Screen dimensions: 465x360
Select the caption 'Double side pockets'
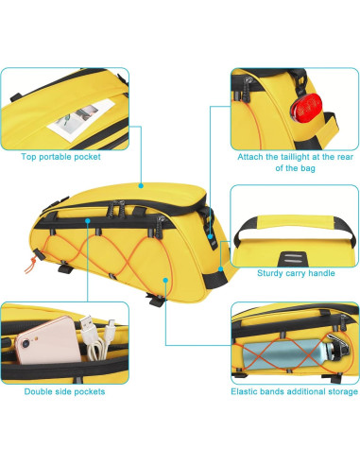pos(57,389)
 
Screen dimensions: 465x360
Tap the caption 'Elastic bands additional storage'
pos(294,389)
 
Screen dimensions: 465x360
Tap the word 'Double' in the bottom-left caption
pos(34,389)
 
